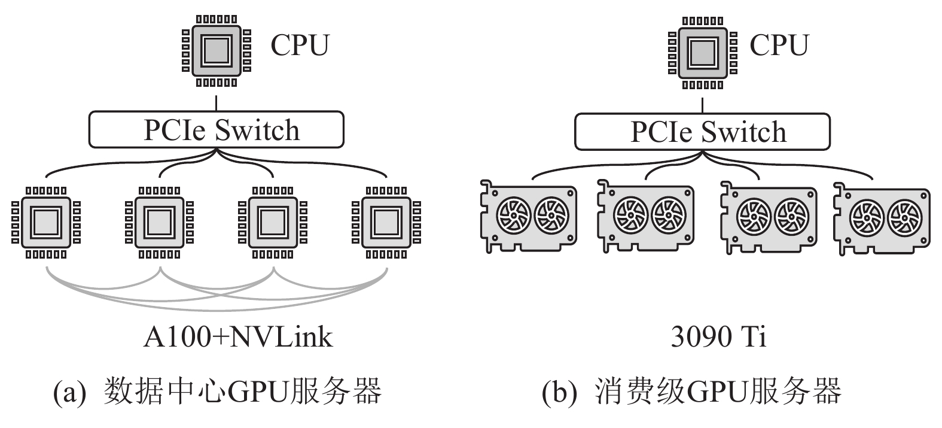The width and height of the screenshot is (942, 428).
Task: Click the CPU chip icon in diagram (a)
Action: point(217,51)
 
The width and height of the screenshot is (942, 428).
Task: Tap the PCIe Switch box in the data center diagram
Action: point(217,129)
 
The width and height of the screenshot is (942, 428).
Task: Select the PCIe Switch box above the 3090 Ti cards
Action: point(702,132)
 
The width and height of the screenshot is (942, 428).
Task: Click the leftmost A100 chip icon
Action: point(46,222)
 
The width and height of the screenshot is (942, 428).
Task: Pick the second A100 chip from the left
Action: point(159,222)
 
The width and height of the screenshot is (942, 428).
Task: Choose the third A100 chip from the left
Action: point(273,222)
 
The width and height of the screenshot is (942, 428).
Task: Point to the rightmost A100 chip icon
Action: point(386,222)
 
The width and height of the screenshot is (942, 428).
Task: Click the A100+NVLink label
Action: point(237,337)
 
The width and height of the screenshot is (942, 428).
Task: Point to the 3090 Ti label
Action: point(718,337)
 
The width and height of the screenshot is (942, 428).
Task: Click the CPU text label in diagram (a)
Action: point(300,45)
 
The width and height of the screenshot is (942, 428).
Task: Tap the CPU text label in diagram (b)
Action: point(779,45)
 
